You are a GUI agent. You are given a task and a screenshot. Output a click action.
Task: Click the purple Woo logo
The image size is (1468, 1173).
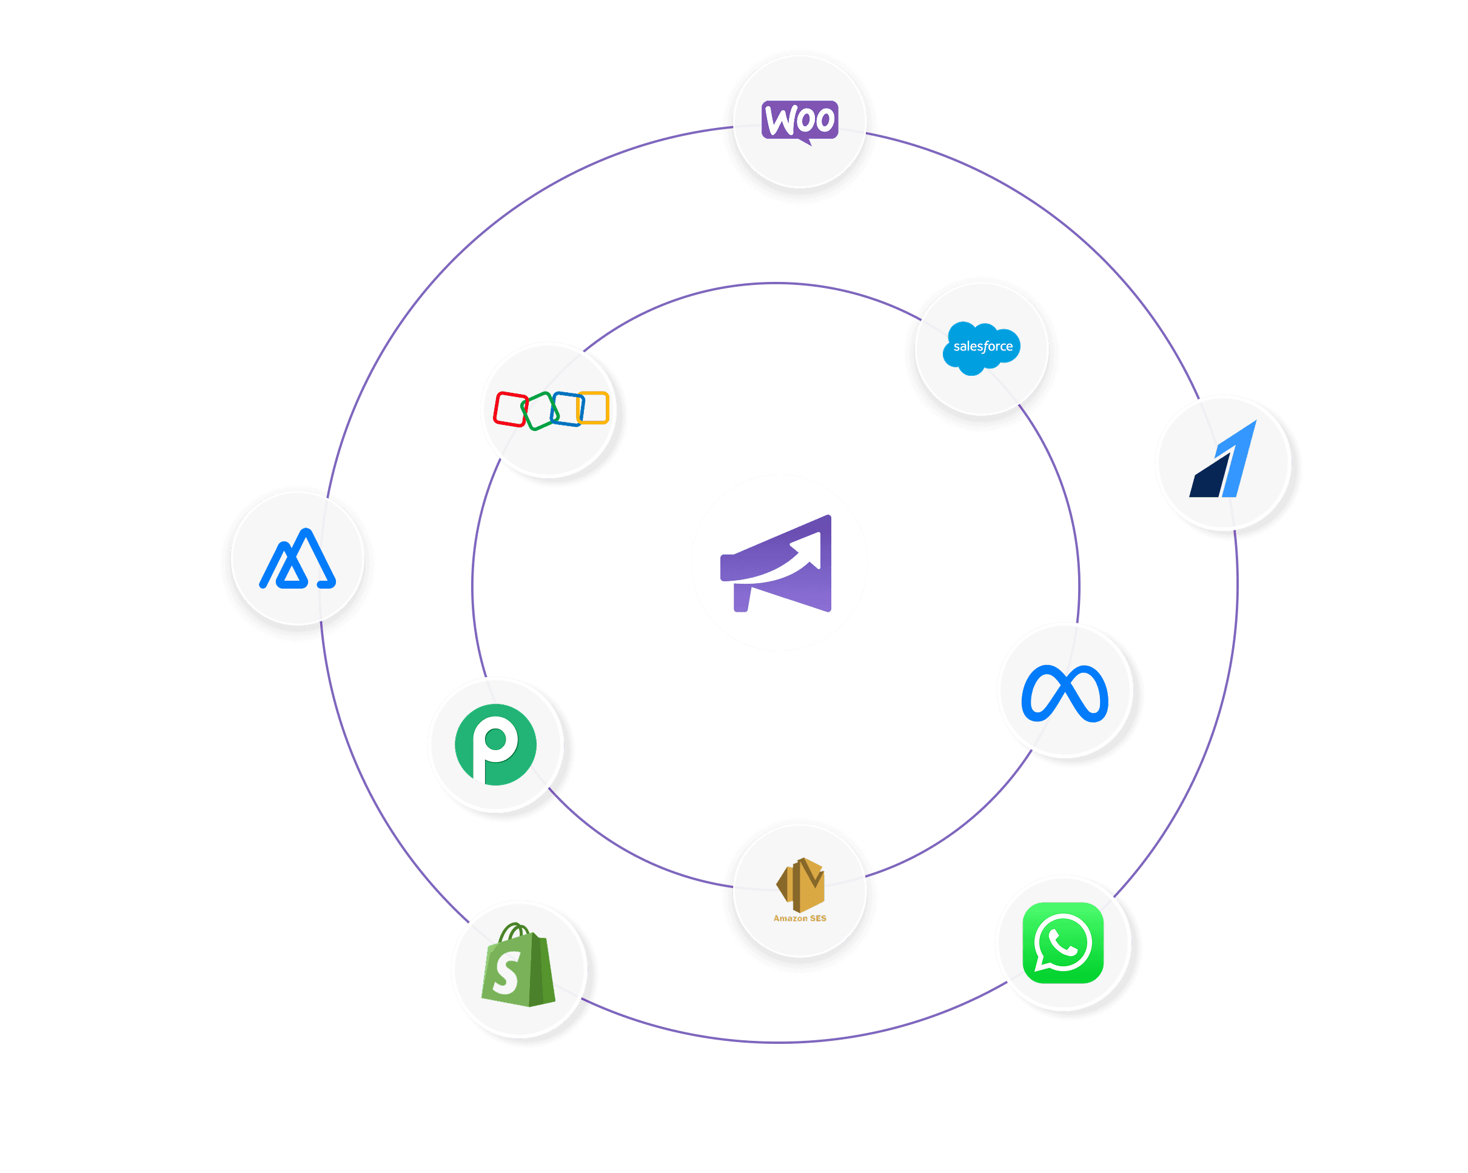click(799, 121)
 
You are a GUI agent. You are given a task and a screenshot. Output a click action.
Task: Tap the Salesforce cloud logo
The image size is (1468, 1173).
click(981, 348)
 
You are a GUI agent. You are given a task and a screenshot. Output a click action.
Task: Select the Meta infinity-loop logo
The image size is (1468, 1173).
click(1065, 692)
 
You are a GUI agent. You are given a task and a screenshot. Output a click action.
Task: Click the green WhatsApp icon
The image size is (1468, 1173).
click(1063, 943)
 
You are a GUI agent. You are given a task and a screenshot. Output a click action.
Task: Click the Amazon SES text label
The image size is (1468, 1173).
click(799, 918)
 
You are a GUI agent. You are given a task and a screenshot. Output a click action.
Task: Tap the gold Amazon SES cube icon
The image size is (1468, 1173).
click(801, 884)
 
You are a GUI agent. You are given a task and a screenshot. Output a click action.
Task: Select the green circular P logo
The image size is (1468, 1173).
click(495, 744)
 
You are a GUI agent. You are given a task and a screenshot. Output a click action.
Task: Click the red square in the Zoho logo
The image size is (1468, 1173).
click(509, 409)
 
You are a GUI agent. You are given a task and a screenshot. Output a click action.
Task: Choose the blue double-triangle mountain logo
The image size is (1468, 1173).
click(298, 560)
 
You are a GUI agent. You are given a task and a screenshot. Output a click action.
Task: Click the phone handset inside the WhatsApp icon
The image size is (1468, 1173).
click(1063, 943)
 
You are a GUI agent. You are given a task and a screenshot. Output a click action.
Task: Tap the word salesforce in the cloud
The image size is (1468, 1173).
click(982, 347)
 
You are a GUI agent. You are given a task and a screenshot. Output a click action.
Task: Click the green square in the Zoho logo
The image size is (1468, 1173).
click(539, 410)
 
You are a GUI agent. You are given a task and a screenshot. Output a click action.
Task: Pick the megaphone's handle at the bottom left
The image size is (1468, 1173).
click(742, 598)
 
